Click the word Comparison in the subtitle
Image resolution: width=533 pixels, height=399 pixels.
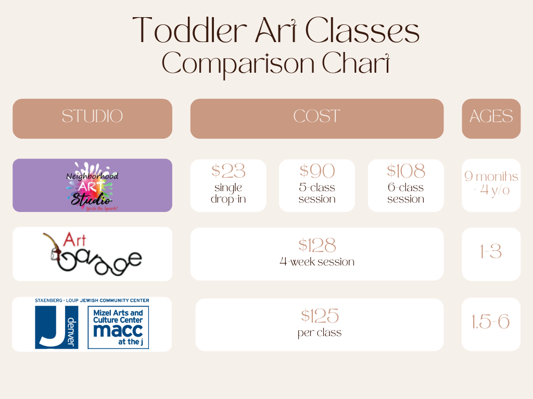point(238,64)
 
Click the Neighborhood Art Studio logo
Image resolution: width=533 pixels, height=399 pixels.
point(93,187)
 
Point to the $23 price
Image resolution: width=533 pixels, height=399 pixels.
point(228,170)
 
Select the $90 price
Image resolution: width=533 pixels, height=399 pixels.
point(317,170)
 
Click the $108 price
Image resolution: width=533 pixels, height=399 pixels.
point(406,170)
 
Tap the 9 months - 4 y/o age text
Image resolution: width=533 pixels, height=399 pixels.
point(491,183)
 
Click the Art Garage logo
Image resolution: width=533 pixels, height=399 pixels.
point(93,254)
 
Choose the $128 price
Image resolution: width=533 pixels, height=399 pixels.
point(317,245)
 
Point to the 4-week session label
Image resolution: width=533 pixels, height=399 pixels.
point(317,262)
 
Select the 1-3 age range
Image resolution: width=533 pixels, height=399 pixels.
point(491,251)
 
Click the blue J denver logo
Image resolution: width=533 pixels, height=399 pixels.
point(57,327)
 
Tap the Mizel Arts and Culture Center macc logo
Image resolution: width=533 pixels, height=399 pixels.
point(118,327)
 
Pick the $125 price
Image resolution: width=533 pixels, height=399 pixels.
point(320,316)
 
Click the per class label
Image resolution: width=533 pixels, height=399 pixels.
point(320,333)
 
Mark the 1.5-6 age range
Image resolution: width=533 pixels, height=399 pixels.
point(491,322)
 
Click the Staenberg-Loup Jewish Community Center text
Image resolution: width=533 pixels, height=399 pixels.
point(92,300)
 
